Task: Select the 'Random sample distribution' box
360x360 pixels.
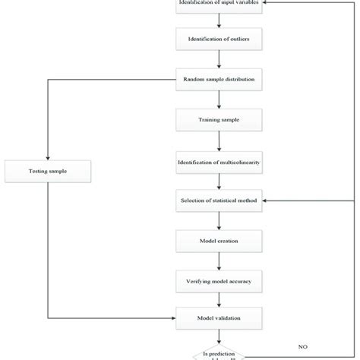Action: (x=219, y=78)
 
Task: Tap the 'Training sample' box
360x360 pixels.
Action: (x=219, y=119)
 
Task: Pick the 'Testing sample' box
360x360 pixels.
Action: (x=47, y=172)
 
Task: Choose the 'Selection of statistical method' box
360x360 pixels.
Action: (x=219, y=201)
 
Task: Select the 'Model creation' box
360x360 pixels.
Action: (x=219, y=242)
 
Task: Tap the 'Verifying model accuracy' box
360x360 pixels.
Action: (x=219, y=282)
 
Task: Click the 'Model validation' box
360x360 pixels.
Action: (x=219, y=317)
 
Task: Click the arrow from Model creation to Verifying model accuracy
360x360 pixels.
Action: (x=219, y=262)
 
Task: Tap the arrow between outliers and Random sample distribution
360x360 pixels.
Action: (x=219, y=58)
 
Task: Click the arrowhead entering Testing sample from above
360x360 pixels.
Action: (x=47, y=156)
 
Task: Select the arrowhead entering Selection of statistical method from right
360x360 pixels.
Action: (x=266, y=201)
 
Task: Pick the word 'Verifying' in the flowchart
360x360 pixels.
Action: (x=201, y=282)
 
